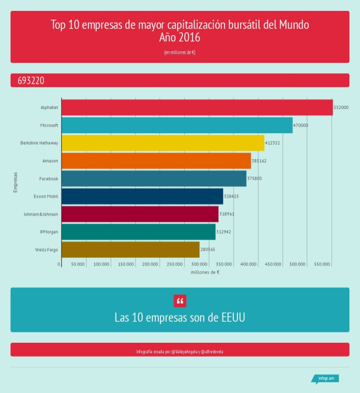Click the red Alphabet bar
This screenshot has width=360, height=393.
(x=197, y=108)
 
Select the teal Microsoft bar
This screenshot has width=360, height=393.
(x=177, y=125)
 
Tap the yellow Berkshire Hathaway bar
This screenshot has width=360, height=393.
(x=163, y=143)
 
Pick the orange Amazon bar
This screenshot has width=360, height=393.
(x=156, y=161)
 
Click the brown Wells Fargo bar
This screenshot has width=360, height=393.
(x=130, y=250)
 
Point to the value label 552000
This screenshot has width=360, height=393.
(x=341, y=108)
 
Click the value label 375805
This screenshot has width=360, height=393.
(x=255, y=179)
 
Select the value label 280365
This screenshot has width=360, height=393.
(x=208, y=250)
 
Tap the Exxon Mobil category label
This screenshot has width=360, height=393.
(x=46, y=196)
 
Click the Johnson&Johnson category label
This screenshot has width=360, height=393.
(x=41, y=214)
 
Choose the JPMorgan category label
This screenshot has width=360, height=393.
(x=49, y=232)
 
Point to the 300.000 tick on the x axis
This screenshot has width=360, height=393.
(x=200, y=265)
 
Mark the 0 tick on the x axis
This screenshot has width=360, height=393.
(x=59, y=265)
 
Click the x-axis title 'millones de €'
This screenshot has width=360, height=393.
(x=205, y=272)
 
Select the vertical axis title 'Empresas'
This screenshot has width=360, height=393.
(x=15, y=182)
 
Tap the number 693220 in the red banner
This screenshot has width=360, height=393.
(x=31, y=80)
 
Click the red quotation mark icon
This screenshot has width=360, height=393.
(x=180, y=301)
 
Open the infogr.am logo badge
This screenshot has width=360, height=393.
(x=326, y=378)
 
